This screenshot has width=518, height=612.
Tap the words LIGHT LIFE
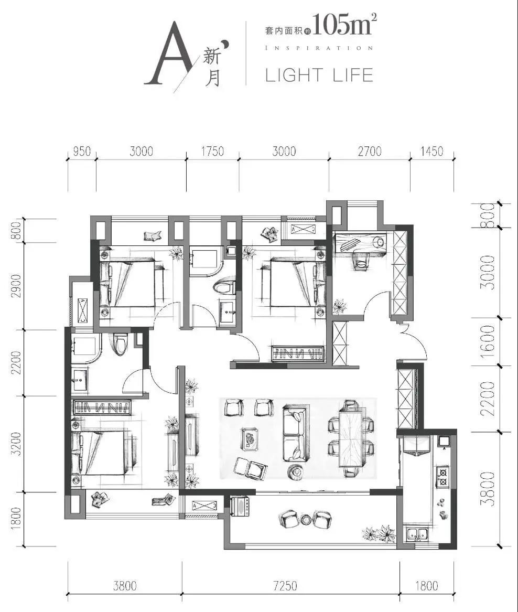click(319, 75)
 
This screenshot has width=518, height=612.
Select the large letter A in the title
click(170, 53)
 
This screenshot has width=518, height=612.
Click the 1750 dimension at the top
click(212, 151)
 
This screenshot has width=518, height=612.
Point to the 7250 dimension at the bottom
click(285, 585)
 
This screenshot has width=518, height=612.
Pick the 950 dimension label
click(82, 151)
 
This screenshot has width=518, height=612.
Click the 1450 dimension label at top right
click(431, 151)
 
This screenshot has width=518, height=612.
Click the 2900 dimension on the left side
click(16, 286)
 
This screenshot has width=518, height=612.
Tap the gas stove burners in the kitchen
click(443, 477)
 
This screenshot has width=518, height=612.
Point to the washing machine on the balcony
click(240, 506)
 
